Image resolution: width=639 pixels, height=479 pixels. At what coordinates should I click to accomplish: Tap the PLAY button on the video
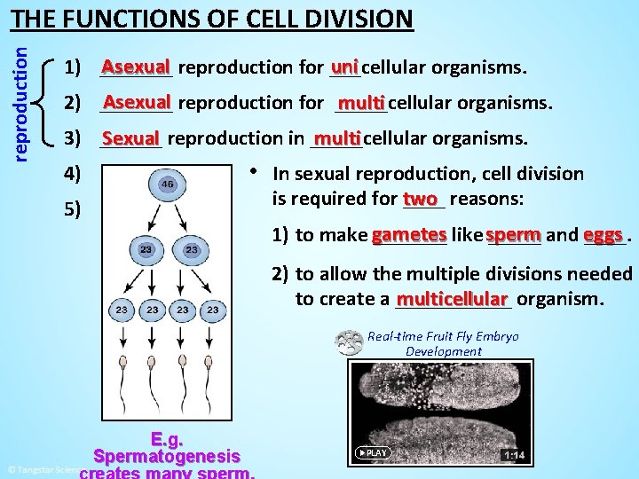click(373, 452)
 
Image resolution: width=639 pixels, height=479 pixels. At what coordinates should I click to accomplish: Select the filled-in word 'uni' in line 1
click(344, 67)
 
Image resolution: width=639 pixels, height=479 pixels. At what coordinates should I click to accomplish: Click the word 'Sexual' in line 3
click(130, 138)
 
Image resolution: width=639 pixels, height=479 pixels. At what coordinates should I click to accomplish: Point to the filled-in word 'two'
click(420, 199)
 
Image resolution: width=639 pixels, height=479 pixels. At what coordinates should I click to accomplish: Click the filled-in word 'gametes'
click(409, 235)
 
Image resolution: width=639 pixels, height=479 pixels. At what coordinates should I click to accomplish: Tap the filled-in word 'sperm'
click(513, 235)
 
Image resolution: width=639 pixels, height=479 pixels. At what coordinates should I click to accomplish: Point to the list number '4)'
click(73, 174)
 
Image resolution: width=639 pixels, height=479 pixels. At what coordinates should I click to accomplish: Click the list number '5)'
click(73, 210)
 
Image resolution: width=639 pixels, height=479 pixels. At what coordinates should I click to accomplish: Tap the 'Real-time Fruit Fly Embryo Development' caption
click(443, 343)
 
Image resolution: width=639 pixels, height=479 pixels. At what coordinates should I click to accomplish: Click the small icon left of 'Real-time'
click(349, 342)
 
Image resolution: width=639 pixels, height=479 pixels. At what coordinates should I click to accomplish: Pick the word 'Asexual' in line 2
click(137, 102)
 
